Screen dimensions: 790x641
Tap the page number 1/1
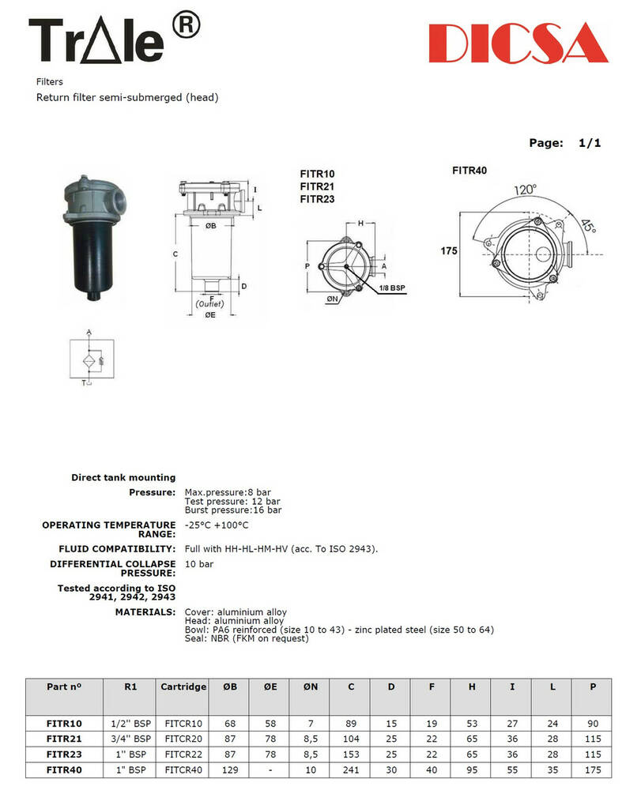[590, 143]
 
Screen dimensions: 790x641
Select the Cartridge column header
[183, 687]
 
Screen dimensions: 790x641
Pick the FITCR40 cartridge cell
[183, 769]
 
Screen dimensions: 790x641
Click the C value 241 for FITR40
[351, 769]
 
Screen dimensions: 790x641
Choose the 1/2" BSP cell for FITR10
[131, 723]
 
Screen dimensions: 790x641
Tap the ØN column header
[311, 687]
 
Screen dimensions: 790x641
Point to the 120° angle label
[524, 190]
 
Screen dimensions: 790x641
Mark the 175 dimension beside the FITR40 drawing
[450, 251]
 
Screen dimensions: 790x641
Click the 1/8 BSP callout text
[392, 290]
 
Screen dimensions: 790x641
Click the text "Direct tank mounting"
[123, 477]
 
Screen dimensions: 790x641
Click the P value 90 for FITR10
[593, 723]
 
